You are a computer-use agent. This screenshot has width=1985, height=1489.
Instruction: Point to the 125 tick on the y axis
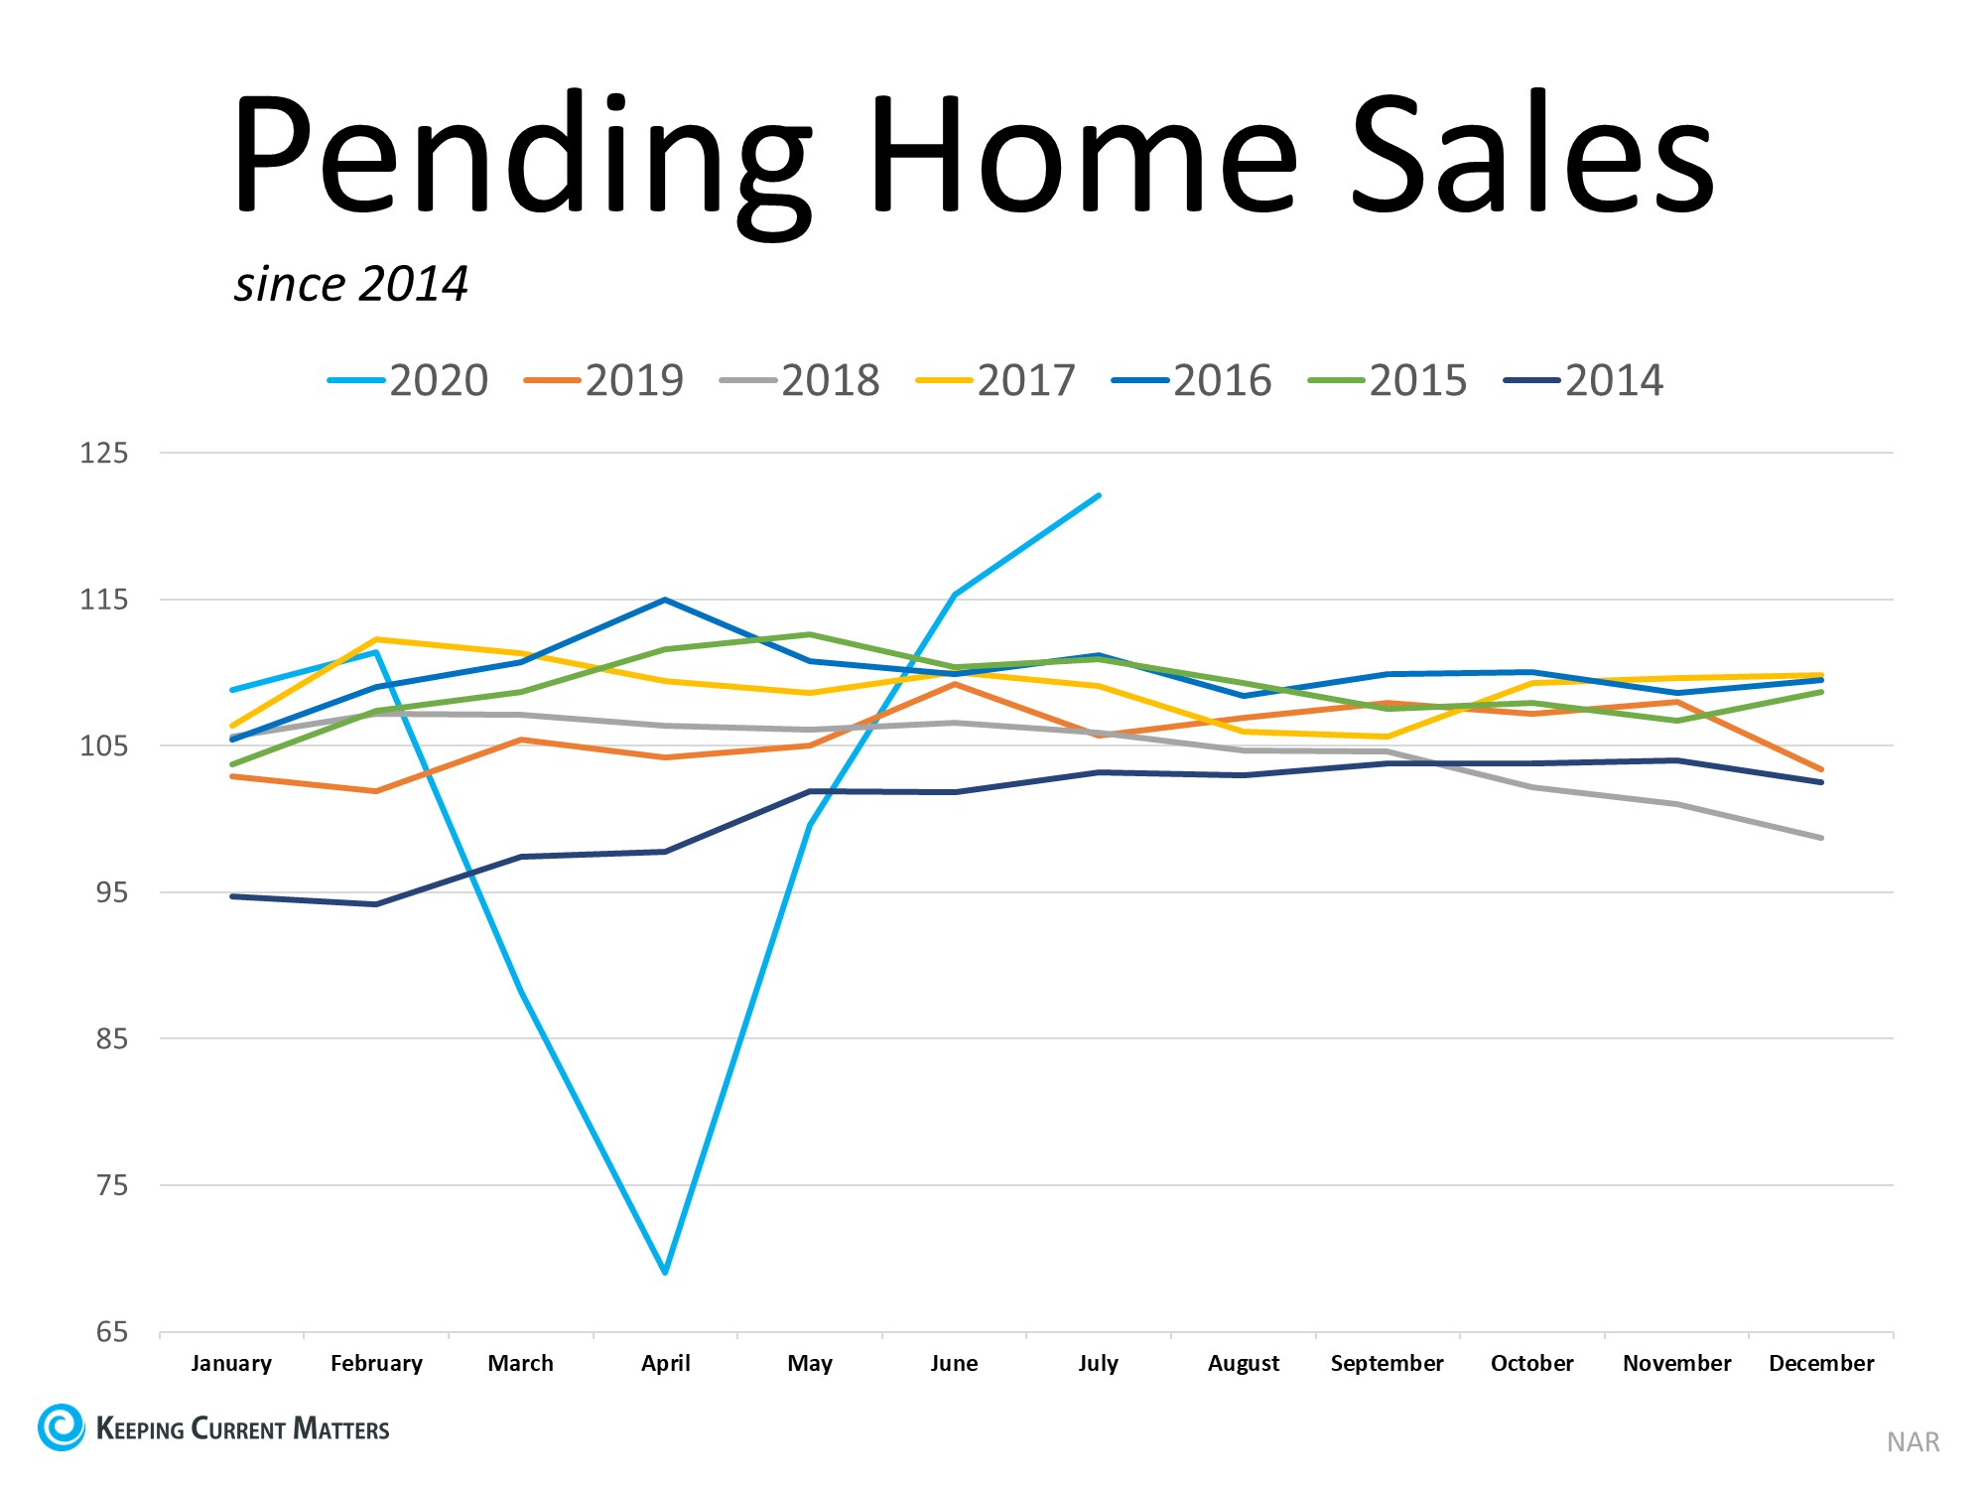[x=104, y=454]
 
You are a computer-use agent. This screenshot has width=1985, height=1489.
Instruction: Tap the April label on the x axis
[x=665, y=1364]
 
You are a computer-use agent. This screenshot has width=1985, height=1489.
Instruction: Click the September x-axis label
[x=1387, y=1364]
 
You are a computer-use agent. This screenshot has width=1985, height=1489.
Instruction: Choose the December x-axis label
[x=1821, y=1364]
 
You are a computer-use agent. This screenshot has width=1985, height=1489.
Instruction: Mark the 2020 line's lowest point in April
[x=665, y=1272]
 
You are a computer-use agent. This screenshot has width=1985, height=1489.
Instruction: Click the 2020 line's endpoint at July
[x=1099, y=495]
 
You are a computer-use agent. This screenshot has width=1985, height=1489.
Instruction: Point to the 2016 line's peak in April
[x=665, y=600]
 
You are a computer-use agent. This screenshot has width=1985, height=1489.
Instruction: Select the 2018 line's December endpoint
[x=1821, y=838]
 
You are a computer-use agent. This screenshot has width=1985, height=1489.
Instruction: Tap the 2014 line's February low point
[x=376, y=904]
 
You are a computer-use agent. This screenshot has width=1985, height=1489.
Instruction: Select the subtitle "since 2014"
[x=350, y=285]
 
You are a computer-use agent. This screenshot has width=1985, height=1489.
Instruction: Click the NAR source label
[x=1913, y=1442]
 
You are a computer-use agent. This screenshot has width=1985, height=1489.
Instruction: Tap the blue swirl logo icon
[x=62, y=1427]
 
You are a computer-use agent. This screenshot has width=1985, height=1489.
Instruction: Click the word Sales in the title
[x=1533, y=154]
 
